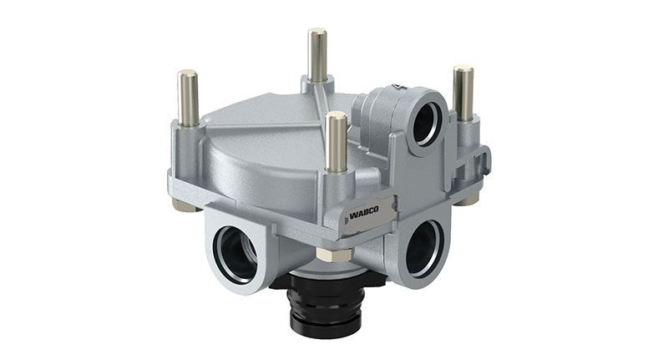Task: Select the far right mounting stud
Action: point(463,93)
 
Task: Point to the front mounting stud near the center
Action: point(337,142)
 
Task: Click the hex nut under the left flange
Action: point(185,204)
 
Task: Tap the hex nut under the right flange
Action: point(468,199)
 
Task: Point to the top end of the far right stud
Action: point(463,68)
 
